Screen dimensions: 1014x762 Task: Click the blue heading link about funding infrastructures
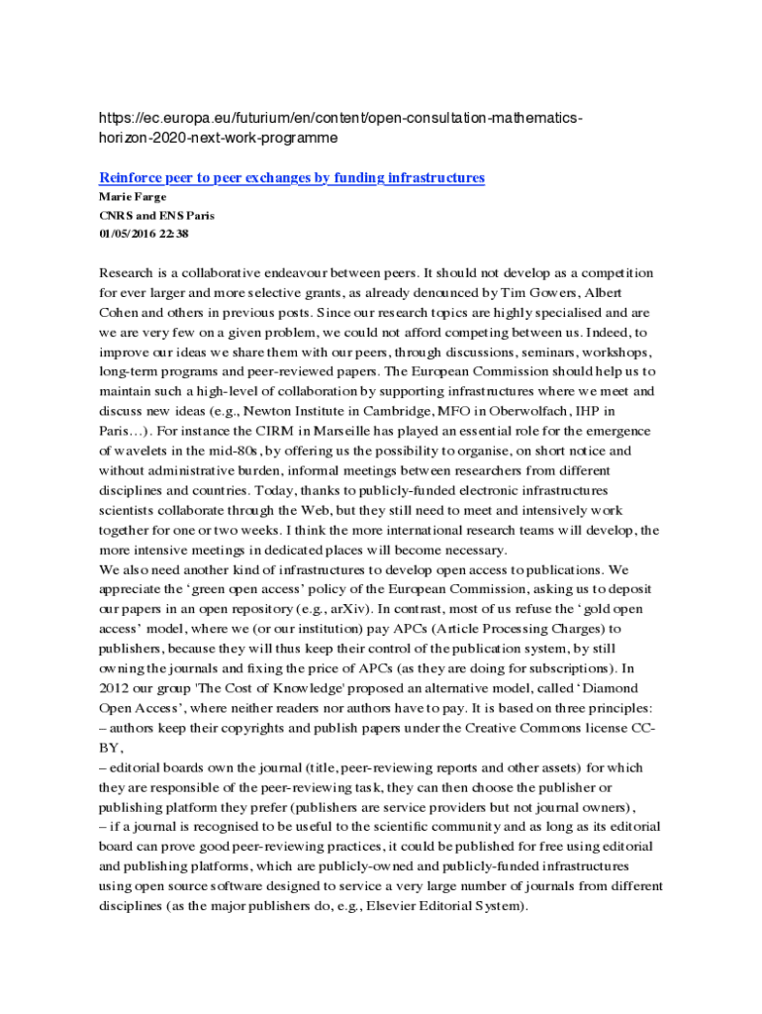(x=292, y=178)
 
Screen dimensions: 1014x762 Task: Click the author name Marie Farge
(x=133, y=197)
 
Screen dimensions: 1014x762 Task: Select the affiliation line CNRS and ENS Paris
(x=156, y=215)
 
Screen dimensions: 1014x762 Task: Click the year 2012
(x=115, y=688)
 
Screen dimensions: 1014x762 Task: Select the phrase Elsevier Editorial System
(x=441, y=906)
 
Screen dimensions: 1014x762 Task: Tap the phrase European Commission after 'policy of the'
(x=443, y=589)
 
